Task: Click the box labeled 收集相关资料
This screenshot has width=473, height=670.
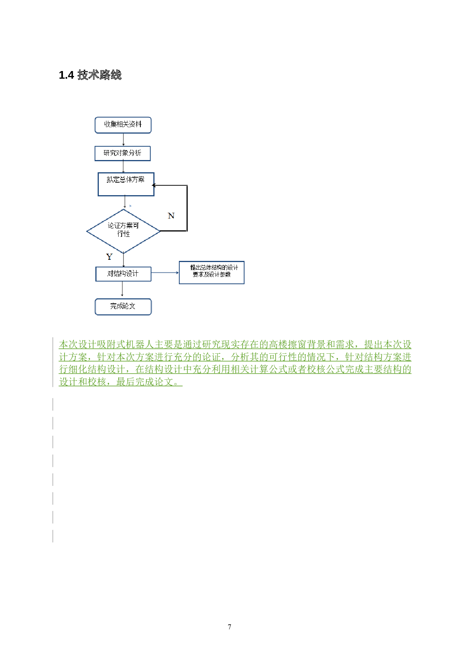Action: point(123,125)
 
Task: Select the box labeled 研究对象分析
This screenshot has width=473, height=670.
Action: point(122,153)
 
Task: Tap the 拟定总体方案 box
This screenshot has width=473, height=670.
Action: point(126,184)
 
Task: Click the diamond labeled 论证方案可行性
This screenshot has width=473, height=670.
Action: point(123,231)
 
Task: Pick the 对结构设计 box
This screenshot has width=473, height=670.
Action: point(123,274)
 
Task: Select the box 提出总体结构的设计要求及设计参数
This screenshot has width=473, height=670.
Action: point(211,272)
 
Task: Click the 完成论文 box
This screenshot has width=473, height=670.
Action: point(123,306)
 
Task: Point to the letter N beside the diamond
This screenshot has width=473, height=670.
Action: point(171,216)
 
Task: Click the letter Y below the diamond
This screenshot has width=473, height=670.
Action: point(109,257)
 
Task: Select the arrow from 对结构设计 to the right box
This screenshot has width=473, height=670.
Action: point(165,273)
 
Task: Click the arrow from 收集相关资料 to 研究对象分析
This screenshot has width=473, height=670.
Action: point(123,139)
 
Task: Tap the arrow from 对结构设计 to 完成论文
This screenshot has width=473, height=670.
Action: point(122,289)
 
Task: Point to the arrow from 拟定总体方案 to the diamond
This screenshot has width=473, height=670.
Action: point(125,202)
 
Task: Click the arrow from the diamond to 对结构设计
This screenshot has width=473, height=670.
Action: point(124,260)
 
